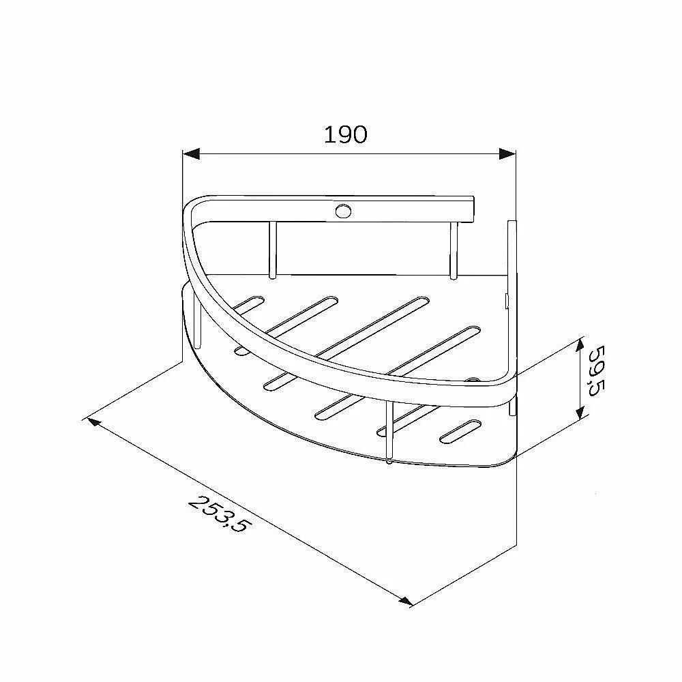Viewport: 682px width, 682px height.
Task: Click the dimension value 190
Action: coord(346,135)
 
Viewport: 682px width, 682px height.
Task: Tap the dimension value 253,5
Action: coord(220,514)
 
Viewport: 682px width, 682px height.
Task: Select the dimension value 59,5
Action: coord(597,370)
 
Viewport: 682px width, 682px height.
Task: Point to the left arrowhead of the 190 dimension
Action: coord(191,153)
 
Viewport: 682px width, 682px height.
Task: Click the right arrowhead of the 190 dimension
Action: coord(507,153)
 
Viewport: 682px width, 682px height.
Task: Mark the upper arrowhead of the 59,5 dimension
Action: coord(579,346)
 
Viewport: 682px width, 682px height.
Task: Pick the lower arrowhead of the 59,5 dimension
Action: coord(579,411)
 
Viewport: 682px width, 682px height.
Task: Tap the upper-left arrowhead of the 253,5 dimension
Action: coord(94,422)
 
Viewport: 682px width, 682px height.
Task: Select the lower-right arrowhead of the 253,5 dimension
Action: coord(405,601)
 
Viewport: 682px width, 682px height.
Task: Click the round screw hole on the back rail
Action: coord(343,211)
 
